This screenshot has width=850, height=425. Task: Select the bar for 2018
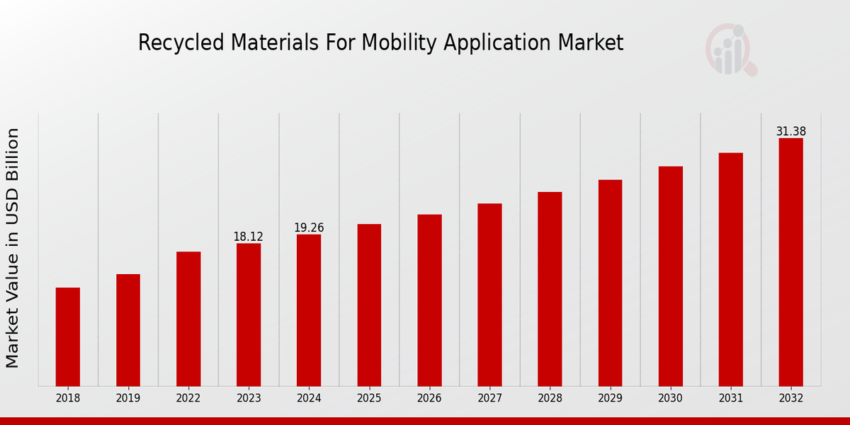68,336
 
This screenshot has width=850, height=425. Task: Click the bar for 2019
128,330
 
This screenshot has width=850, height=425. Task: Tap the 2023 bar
249,314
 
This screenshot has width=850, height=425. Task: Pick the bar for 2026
429,300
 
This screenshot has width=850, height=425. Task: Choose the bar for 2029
610,283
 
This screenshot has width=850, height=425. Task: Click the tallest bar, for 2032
790,262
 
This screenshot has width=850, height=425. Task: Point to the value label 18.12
249,237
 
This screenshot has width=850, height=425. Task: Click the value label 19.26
309,227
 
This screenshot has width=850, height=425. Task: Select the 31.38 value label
790,132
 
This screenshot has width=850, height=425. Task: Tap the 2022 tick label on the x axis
188,399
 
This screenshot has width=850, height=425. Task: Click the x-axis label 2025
369,399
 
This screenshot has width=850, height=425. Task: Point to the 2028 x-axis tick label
550,399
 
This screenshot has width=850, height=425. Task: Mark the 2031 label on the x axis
730,399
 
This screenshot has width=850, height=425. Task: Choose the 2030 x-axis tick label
670,399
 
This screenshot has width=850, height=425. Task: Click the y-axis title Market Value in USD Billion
13,248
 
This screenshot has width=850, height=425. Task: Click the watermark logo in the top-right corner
730,50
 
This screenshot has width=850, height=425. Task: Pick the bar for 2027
489,295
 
